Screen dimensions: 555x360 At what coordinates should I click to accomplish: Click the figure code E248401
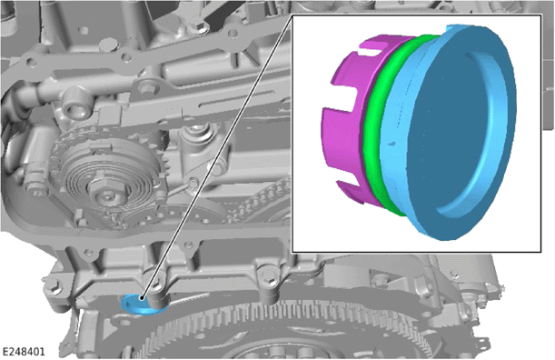pyautogui.click(x=24, y=352)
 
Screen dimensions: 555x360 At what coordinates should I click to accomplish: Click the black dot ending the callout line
pyautogui.click(x=142, y=297)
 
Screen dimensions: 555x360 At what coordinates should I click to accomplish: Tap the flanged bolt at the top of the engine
pyautogui.click(x=197, y=27)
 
